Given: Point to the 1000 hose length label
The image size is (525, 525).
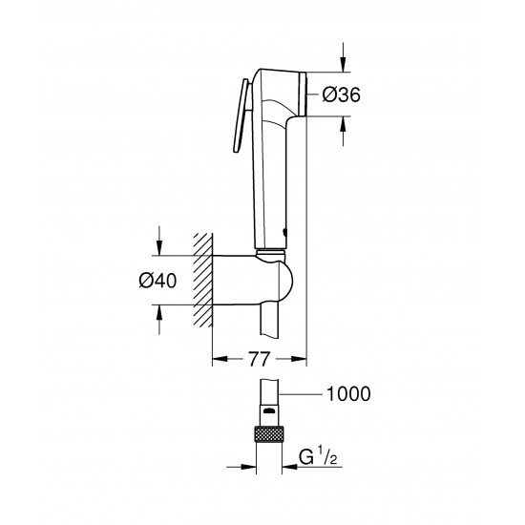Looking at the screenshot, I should (x=349, y=392).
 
